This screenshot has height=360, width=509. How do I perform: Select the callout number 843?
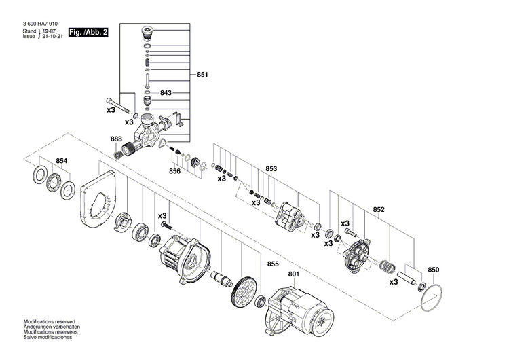click(166, 92)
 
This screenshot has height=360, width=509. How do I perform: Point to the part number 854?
click(62, 161)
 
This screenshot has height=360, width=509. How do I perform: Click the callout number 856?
click(175, 171)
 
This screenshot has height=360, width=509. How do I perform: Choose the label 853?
click(271, 168)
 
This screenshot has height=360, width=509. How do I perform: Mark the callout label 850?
click(434, 270)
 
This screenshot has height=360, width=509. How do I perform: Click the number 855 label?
click(273, 263)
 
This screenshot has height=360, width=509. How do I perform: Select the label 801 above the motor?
click(293, 274)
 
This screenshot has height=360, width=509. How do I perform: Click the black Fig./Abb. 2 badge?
click(88, 32)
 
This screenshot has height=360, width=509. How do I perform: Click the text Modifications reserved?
click(50, 321)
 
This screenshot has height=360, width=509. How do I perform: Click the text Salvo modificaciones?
click(47, 337)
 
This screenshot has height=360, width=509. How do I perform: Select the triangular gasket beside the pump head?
click(163, 141)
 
